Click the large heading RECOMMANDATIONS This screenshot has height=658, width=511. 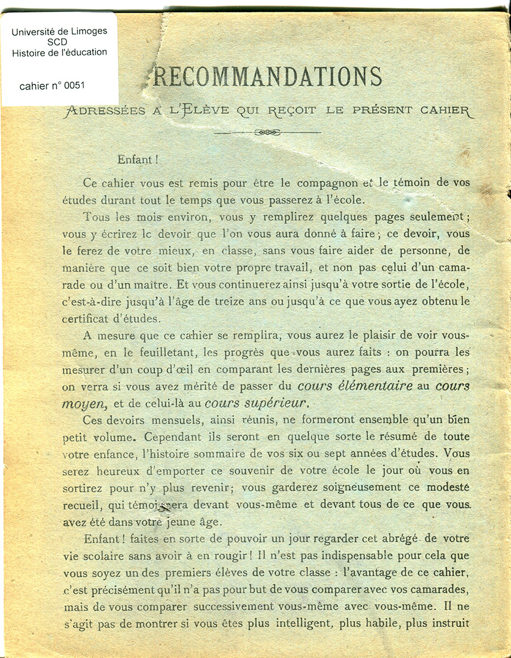pyautogui.click(x=267, y=77)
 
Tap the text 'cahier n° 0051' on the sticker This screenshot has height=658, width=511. pyautogui.click(x=52, y=86)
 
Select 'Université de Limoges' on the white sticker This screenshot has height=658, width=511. pyautogui.click(x=59, y=31)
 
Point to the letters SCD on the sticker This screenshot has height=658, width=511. pyautogui.click(x=59, y=42)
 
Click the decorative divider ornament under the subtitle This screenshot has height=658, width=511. pyautogui.click(x=268, y=132)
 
